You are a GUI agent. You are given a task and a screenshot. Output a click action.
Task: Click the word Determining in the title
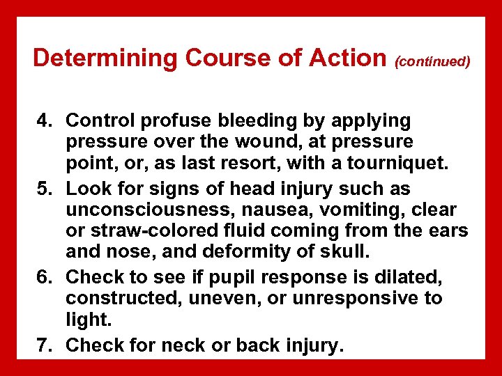94,58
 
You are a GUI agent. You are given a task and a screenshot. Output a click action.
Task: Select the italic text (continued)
432,61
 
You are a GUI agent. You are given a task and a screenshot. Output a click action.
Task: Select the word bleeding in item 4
252,121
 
